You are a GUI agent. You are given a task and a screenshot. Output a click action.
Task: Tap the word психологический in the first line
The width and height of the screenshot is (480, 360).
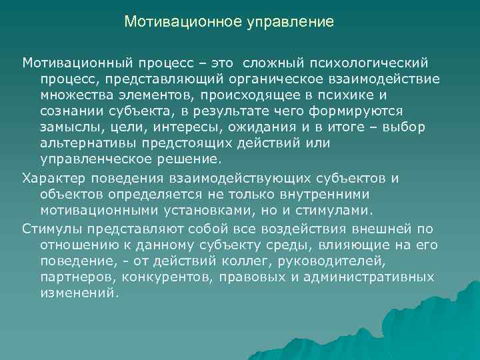pyautogui.click(x=369, y=62)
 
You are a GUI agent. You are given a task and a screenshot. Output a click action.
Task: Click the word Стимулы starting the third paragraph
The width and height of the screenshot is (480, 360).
pyautogui.click(x=50, y=229)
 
